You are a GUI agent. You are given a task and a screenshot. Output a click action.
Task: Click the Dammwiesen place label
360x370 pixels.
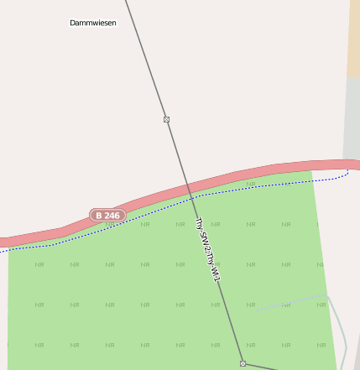pyautogui.click(x=92, y=23)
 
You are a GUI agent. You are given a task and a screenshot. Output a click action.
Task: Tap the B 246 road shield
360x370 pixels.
pyautogui.click(x=108, y=216)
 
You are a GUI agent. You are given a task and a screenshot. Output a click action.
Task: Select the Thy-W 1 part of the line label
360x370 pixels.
pyautogui.click(x=214, y=266)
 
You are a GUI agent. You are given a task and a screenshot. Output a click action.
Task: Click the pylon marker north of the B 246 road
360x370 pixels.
pyautogui.click(x=166, y=119)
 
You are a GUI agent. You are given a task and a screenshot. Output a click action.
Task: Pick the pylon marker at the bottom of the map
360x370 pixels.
pyautogui.click(x=243, y=363)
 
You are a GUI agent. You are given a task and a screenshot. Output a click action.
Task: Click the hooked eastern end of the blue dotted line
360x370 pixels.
pyautogui.click(x=347, y=173)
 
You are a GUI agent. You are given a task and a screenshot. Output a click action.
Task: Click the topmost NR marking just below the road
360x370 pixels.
pyautogui.click(x=249, y=182)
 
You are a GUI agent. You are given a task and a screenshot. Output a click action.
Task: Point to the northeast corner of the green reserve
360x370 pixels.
pyautogui.click(x=312, y=173)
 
